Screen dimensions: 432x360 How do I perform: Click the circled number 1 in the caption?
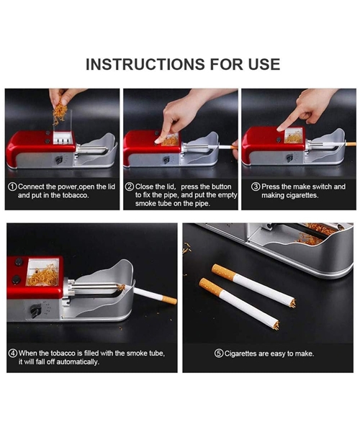tap(12, 186)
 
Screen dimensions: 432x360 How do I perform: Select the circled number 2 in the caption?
tap(130, 186)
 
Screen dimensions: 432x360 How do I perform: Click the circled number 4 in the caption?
tap(12, 353)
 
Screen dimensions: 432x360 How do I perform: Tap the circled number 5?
tap(219, 353)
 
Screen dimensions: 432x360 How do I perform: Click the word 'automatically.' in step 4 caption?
tap(76, 361)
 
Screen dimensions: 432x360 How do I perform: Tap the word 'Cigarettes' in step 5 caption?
tap(246, 353)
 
